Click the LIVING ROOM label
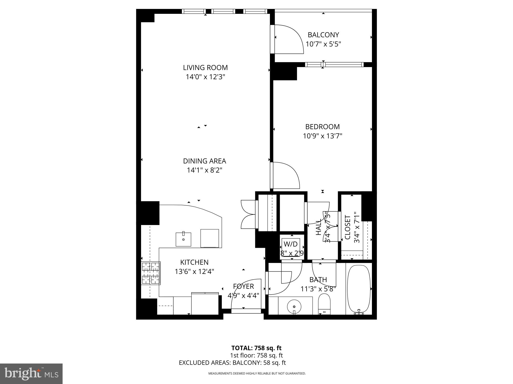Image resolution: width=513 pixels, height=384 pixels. pos(205,68)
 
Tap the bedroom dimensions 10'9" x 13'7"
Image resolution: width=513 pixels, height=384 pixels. pos(322,136)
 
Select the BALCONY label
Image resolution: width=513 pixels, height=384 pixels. pos(323,35)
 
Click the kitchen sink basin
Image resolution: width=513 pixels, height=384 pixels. pos(183,239)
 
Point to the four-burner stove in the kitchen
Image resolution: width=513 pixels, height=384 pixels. pos(151,273)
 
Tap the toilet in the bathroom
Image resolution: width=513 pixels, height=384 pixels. pos(324,304)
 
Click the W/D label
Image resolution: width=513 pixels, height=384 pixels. pos(291,244)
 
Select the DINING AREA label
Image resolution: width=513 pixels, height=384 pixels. pos(204,161)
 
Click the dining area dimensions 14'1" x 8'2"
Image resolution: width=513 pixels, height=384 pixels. pos(204,170)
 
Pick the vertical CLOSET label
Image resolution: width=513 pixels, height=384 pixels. pos(348,227)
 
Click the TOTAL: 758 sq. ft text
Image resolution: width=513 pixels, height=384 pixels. pos(256,348)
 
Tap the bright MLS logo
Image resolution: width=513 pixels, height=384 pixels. pos(31,374)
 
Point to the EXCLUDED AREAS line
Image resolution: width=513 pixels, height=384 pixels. pos(232,363)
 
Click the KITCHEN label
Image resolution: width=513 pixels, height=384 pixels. pos(194,262)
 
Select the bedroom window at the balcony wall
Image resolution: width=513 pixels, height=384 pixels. pos(334,65)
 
